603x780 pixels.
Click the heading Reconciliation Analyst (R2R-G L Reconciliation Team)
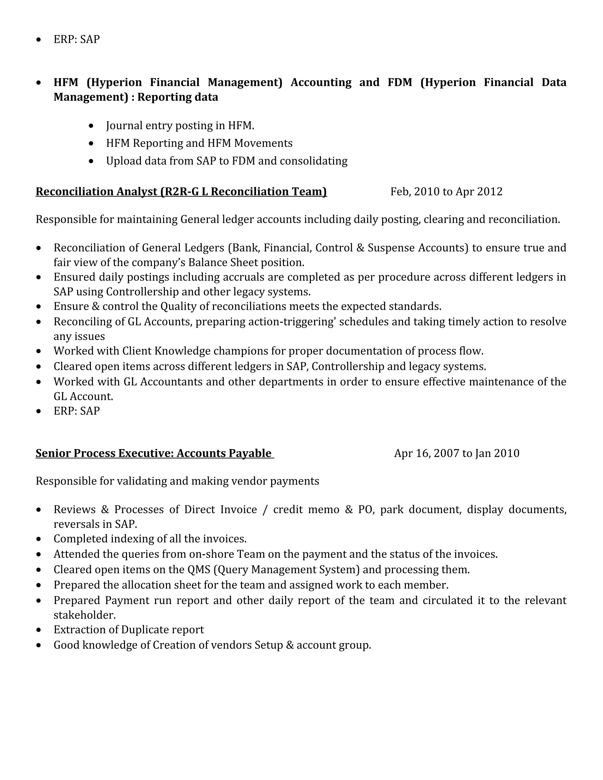181,192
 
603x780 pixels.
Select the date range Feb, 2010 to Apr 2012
446,192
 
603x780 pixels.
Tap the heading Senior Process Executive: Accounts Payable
154,453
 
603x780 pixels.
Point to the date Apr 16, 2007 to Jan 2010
457,453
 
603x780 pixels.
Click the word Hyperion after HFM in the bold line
114,82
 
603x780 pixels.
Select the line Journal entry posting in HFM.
180,126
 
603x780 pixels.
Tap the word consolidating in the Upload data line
313,161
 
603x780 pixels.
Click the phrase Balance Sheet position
246,263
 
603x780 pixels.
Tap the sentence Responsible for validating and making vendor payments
177,481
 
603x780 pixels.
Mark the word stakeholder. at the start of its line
85,615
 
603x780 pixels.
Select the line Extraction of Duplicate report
129,630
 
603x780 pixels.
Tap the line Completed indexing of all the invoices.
150,539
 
